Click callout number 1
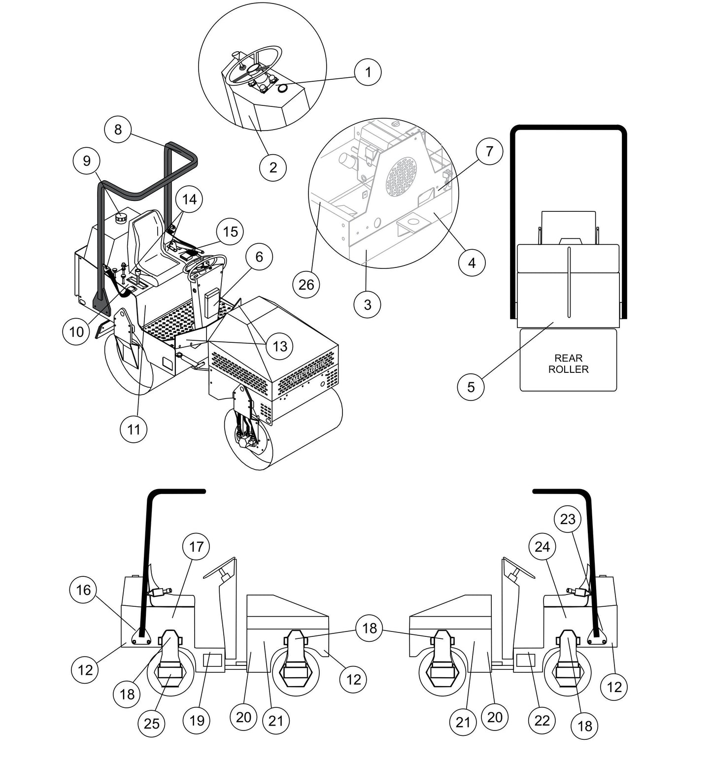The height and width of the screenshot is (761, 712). (x=368, y=72)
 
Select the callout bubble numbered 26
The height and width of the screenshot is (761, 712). (x=306, y=284)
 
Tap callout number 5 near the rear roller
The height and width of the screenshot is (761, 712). (x=471, y=387)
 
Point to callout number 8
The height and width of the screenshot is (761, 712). (x=118, y=130)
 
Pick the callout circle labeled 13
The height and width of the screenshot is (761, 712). (x=279, y=346)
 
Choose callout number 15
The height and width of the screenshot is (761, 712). (x=230, y=232)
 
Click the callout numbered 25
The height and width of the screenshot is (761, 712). (x=152, y=723)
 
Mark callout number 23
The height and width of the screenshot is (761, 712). (x=568, y=519)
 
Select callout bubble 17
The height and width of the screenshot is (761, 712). (x=196, y=547)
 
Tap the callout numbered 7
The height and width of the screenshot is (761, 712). (x=489, y=151)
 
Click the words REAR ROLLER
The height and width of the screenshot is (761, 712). (x=568, y=364)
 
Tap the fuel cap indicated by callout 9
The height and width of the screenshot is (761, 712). (x=121, y=217)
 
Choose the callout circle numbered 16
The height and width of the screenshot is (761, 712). (x=83, y=590)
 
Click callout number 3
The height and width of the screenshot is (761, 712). (x=367, y=304)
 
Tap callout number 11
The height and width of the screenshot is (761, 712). (x=134, y=429)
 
